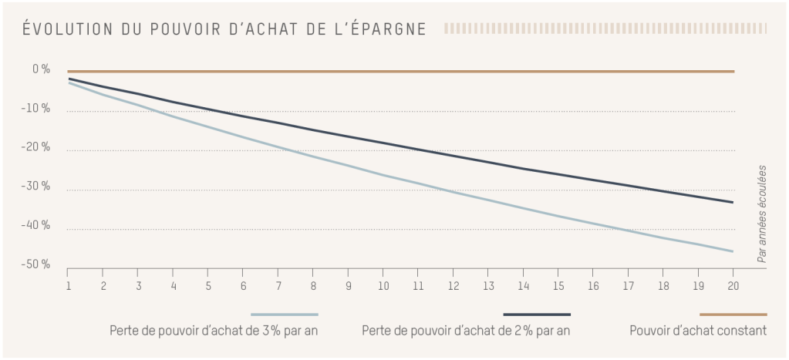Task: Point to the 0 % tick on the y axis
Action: (41, 69)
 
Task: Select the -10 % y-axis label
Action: (37, 109)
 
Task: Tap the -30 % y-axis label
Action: (37, 187)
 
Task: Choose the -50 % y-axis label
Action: (37, 264)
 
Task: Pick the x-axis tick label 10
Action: (382, 284)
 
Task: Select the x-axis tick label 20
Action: (732, 284)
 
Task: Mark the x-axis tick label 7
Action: (278, 284)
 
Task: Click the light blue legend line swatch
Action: (285, 315)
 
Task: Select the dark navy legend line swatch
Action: (537, 315)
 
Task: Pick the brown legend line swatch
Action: (733, 315)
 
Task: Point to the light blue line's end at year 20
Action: (732, 251)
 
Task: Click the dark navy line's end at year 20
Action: (732, 202)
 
